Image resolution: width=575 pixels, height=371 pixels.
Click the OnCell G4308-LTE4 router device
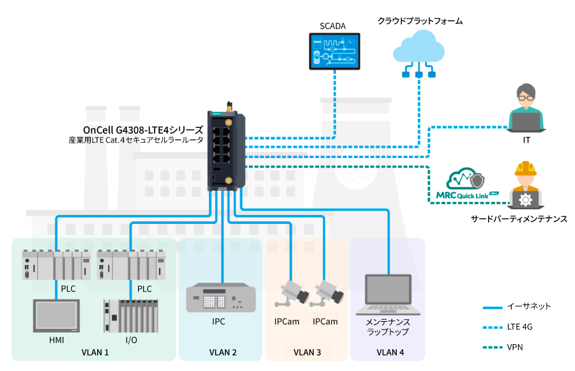pyautogui.click(x=227, y=150)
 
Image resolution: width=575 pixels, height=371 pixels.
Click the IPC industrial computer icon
pyautogui.click(x=220, y=298)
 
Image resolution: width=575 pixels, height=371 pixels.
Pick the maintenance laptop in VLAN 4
pyautogui.click(x=387, y=295)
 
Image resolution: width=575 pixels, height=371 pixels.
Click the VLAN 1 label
pyautogui.click(x=95, y=352)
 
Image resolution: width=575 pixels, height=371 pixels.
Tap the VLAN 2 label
pyautogui.click(x=222, y=352)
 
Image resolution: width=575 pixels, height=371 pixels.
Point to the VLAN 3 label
pyautogui.click(x=307, y=352)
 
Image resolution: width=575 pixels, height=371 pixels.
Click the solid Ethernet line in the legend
pyautogui.click(x=495, y=307)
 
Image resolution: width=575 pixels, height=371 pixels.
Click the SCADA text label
pyautogui.click(x=333, y=26)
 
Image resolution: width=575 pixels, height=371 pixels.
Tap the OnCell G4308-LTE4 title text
pyautogui.click(x=143, y=129)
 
